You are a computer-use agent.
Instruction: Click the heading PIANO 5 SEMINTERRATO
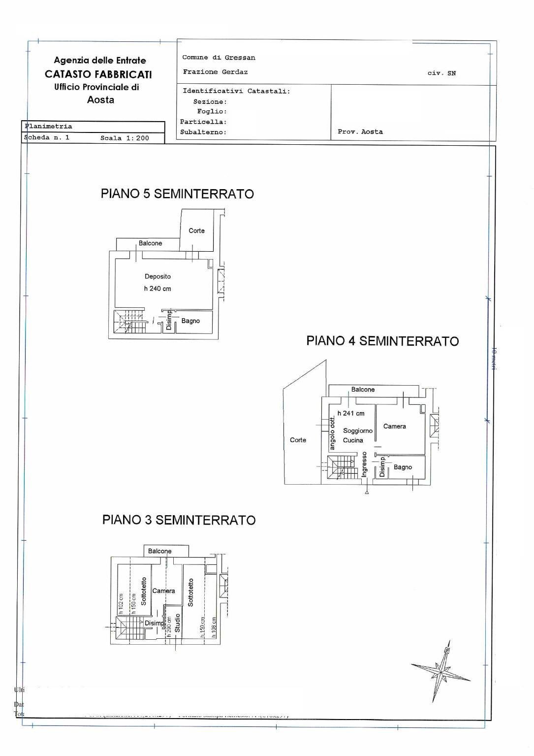[177, 194]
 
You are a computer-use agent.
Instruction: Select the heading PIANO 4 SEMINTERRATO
[382, 341]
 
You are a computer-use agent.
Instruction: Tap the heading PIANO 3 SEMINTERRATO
[179, 520]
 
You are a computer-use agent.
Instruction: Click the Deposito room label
[157, 276]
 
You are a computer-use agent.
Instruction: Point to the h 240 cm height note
[157, 289]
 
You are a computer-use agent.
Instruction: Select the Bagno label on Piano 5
[190, 321]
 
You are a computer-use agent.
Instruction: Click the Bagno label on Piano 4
[403, 467]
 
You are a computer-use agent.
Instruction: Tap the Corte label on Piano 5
[196, 230]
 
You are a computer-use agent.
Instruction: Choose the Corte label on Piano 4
[298, 440]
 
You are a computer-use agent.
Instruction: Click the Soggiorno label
[358, 430]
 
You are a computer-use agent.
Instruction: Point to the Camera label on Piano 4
[394, 426]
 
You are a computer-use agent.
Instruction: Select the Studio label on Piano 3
[178, 623]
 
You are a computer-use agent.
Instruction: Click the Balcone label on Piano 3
[159, 551]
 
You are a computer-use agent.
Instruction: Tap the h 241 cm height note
[351, 413]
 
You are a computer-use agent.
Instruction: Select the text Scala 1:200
[125, 138]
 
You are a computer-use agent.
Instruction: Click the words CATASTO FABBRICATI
[98, 74]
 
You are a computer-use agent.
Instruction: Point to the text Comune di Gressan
[219, 58]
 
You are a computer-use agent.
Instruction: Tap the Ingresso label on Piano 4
[364, 464]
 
